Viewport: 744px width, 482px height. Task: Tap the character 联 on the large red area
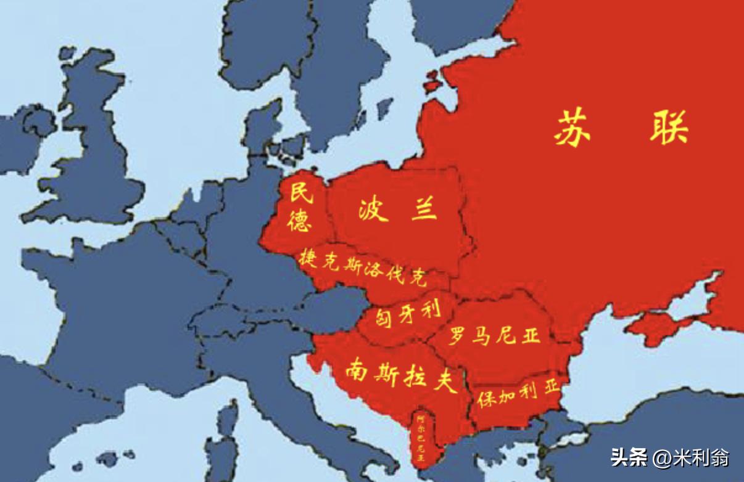coord(668,128)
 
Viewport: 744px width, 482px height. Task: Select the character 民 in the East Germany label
coord(302,194)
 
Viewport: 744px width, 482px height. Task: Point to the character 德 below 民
coord(300,220)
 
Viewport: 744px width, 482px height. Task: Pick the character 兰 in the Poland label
coord(423,210)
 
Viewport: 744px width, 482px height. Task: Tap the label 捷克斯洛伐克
coord(363,268)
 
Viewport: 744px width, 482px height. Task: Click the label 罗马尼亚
coord(494,336)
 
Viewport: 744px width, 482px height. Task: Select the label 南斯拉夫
coord(401,375)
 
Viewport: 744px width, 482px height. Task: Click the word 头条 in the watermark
coord(629,457)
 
